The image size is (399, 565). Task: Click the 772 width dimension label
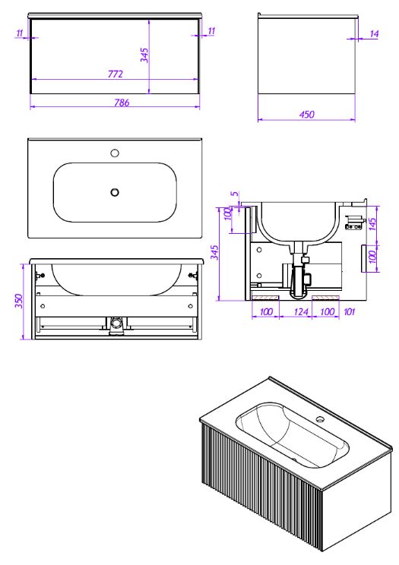click(x=116, y=74)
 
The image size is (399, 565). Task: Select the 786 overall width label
click(x=122, y=103)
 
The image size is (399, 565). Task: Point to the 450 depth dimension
click(x=306, y=115)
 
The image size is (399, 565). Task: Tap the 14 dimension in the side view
click(x=374, y=34)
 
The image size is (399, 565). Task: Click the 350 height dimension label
click(x=19, y=301)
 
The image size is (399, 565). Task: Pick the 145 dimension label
click(x=372, y=224)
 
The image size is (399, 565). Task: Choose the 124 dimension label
click(x=301, y=311)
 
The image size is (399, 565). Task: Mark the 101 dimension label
click(x=349, y=311)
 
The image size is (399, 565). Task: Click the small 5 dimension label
click(x=235, y=194)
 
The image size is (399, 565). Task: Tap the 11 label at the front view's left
click(x=20, y=33)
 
